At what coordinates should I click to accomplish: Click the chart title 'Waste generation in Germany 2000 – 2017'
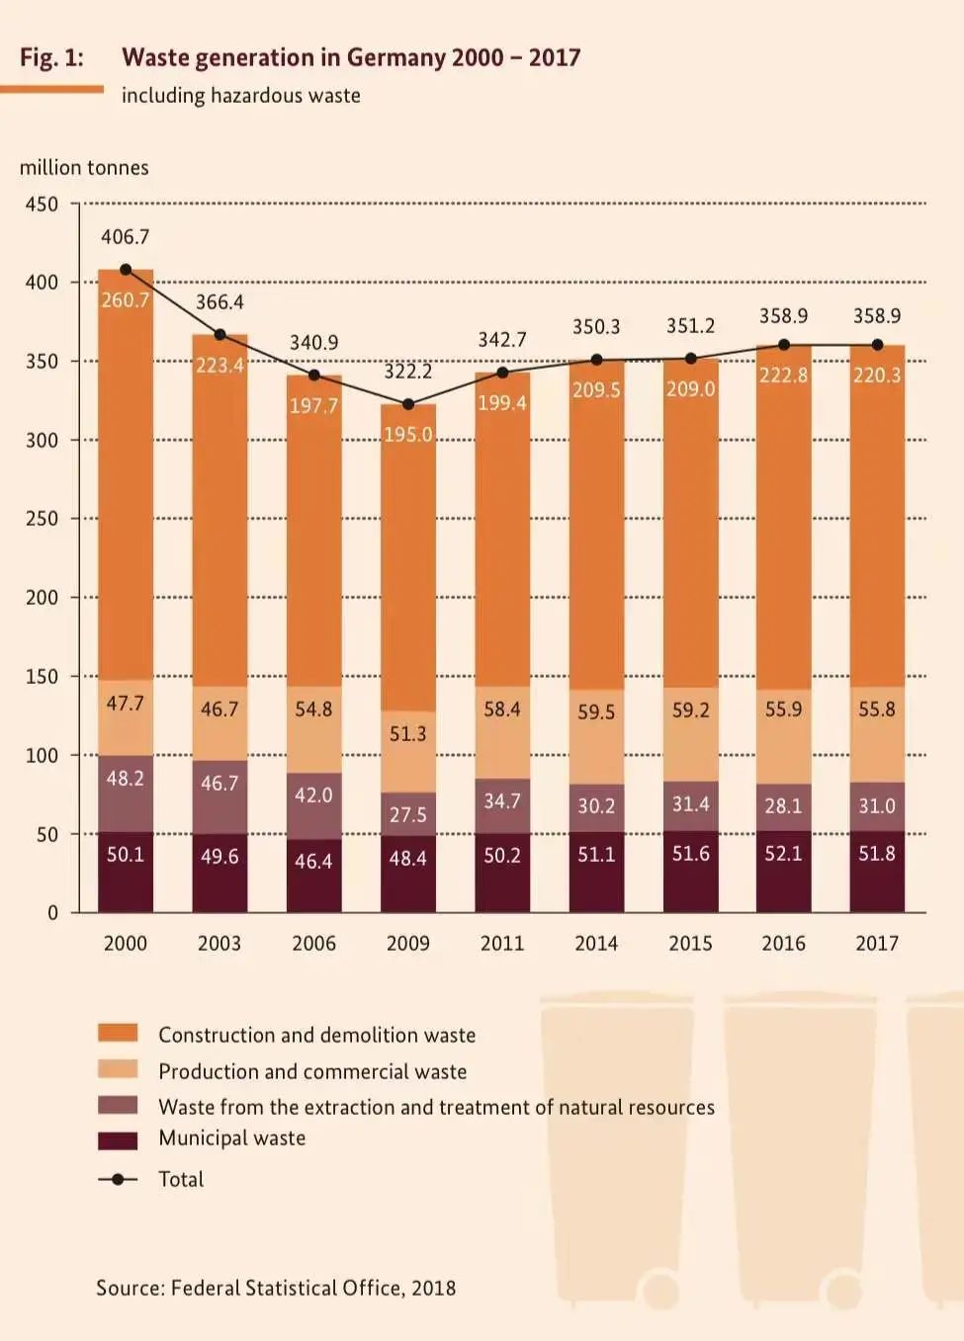click(x=351, y=57)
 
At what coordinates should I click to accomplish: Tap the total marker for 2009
click(x=408, y=404)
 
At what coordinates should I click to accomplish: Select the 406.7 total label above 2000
click(x=126, y=237)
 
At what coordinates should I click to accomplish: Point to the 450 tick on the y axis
click(x=42, y=205)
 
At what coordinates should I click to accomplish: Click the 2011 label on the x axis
click(x=502, y=943)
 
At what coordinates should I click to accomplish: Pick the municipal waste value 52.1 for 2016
click(x=783, y=853)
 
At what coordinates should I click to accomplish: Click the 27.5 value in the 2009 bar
click(x=408, y=815)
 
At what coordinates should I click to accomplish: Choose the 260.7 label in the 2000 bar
click(x=126, y=300)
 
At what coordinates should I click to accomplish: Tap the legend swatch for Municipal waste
click(x=118, y=1140)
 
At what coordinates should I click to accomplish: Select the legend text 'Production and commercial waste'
click(x=312, y=1071)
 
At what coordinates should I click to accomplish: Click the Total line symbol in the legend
click(x=118, y=1179)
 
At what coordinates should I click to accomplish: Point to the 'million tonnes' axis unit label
click(x=84, y=168)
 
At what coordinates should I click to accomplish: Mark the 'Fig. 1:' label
click(x=51, y=57)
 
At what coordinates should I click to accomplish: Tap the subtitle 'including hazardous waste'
click(x=241, y=96)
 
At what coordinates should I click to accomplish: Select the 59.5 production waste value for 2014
click(x=596, y=712)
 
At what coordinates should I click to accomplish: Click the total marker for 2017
click(x=877, y=345)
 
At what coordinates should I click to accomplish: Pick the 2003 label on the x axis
click(x=219, y=943)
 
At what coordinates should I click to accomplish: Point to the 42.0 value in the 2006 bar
click(x=313, y=796)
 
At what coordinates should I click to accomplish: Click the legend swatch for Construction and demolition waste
click(x=118, y=1034)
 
